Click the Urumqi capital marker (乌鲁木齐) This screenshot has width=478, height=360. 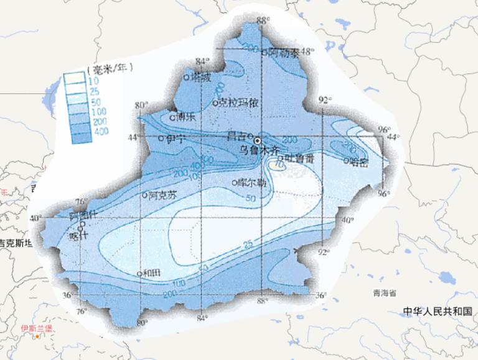coord(258,141)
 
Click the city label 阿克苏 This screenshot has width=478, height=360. coord(164,194)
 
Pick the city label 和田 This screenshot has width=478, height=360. coord(152,273)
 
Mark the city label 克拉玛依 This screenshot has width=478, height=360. coord(239,103)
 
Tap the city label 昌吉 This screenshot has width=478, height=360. coord(236,135)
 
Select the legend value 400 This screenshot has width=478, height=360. coord(101,131)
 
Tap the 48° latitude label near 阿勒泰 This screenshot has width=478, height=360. coord(306,52)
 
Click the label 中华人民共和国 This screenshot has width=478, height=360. coord(438,311)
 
